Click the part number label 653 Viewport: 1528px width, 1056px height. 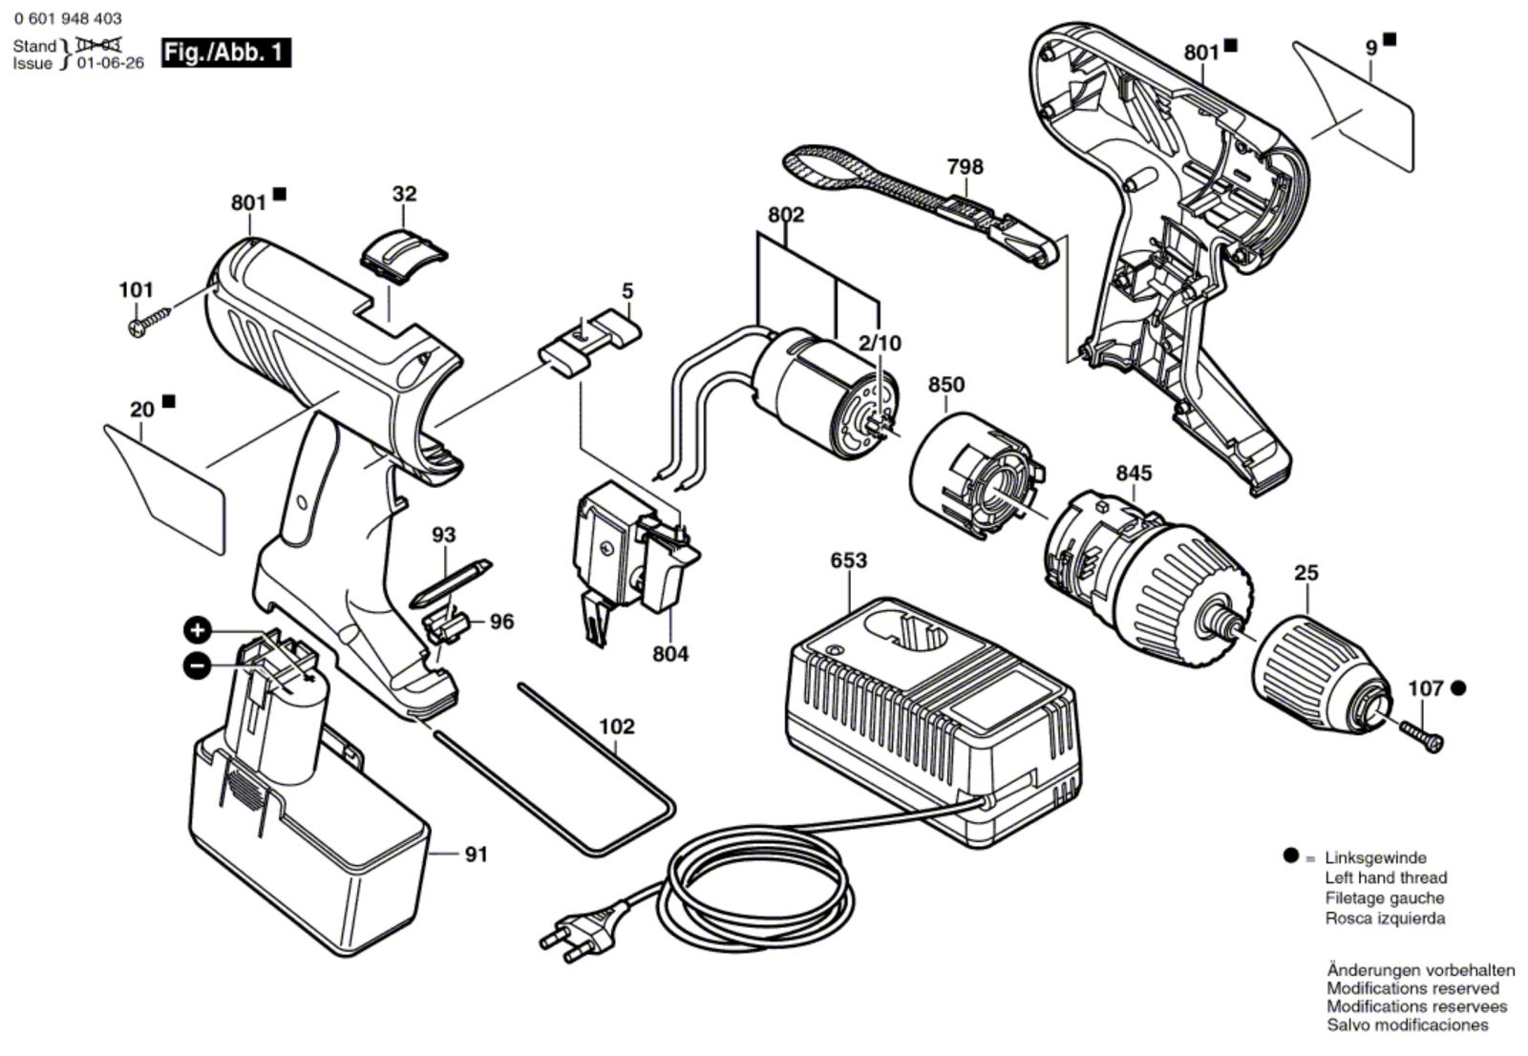click(849, 560)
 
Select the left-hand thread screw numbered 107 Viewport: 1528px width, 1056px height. click(1422, 736)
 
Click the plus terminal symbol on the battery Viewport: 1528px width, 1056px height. click(197, 629)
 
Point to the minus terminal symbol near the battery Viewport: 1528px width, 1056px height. click(197, 665)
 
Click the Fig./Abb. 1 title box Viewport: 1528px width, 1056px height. click(226, 53)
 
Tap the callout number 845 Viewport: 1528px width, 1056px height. click(1134, 472)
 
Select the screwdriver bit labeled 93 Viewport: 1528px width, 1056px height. click(451, 583)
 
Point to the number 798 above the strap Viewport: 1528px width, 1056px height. click(966, 166)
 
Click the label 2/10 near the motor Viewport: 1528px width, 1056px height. click(880, 343)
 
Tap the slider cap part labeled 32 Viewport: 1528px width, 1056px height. click(403, 254)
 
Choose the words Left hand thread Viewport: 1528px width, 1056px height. click(1386, 877)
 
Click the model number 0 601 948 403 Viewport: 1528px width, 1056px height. click(68, 18)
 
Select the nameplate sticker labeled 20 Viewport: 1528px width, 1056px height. click(164, 489)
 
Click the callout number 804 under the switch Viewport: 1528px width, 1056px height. click(670, 653)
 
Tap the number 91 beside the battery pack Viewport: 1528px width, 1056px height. click(477, 855)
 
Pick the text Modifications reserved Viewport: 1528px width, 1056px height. click(1412, 988)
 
